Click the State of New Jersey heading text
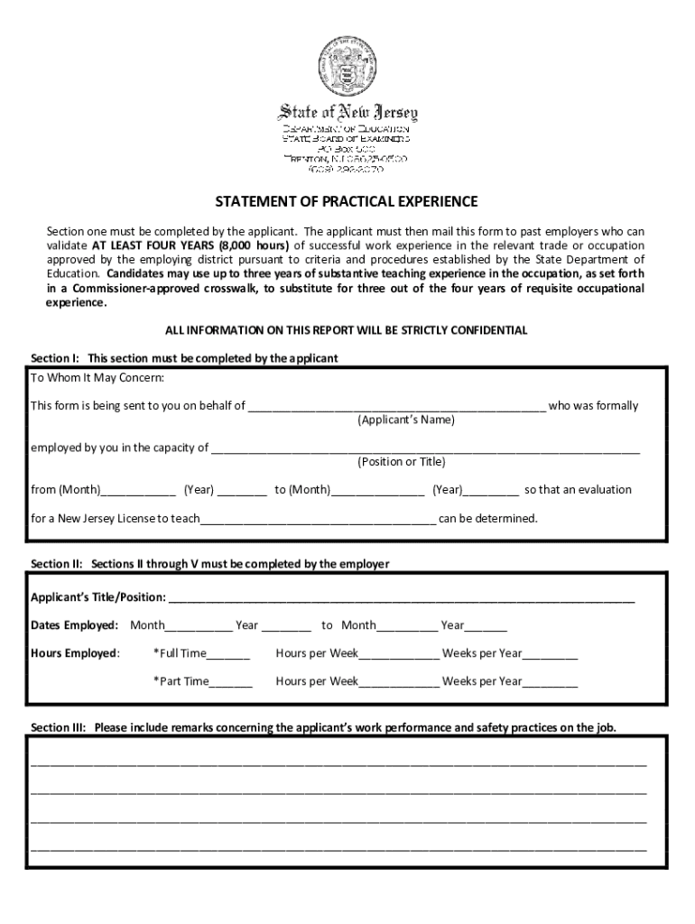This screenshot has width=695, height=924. pyautogui.click(x=347, y=113)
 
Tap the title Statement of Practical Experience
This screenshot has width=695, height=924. pyautogui.click(x=347, y=201)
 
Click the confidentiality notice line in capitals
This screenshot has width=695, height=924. pyautogui.click(x=347, y=330)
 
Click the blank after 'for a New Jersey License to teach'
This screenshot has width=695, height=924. pyautogui.click(x=319, y=520)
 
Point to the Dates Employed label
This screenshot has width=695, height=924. pyautogui.click(x=75, y=625)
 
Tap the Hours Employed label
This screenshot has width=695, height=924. pyautogui.click(x=75, y=653)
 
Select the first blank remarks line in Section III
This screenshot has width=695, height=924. pyautogui.click(x=338, y=763)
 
